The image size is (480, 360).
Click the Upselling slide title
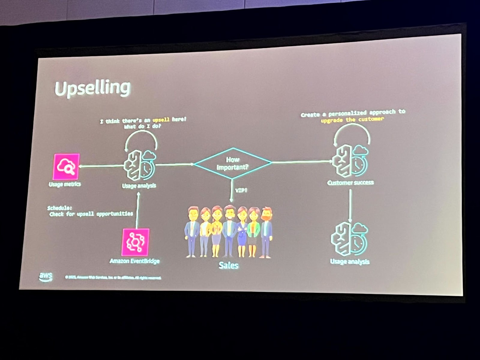pyautogui.click(x=92, y=88)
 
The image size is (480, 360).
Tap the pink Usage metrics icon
pyautogui.click(x=66, y=167)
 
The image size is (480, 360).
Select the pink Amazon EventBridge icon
pyautogui.click(x=135, y=242)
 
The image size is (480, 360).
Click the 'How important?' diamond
pyautogui.click(x=232, y=163)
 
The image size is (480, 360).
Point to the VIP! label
pyautogui.click(x=241, y=190)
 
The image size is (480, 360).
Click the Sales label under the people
pyautogui.click(x=229, y=265)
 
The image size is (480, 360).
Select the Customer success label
pyautogui.click(x=350, y=183)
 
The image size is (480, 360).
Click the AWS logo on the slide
pyautogui.click(x=46, y=276)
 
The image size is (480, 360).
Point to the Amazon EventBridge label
pyautogui.click(x=134, y=261)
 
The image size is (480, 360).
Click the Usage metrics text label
pyautogui.click(x=65, y=184)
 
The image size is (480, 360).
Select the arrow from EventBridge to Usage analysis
pyautogui.click(x=138, y=210)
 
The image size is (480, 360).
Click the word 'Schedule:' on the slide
pyautogui.click(x=60, y=208)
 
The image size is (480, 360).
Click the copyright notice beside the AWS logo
pyautogui.click(x=113, y=278)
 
